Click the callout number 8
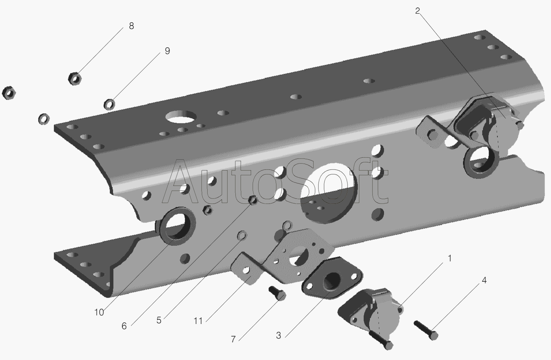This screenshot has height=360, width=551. tap(131, 26)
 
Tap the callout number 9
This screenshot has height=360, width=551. tap(167, 51)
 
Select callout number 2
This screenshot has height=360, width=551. tap(417, 11)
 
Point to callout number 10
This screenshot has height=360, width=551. tap(99, 312)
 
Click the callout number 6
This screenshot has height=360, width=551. tap(124, 326)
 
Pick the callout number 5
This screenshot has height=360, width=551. tap(159, 320)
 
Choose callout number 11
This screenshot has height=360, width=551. tap(198, 321)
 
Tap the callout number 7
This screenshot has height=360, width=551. tap(233, 339)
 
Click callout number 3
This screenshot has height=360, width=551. tap(278, 335)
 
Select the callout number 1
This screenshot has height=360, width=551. tap(450, 258)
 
